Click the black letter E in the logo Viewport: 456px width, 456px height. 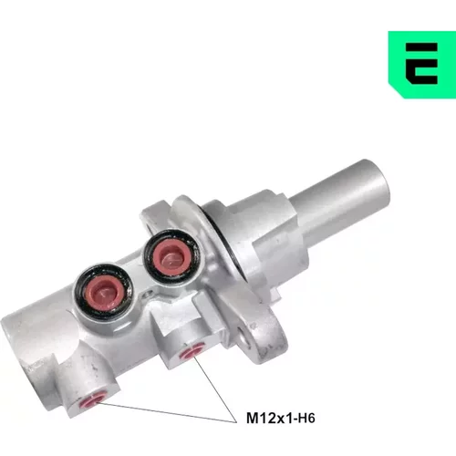click(x=421, y=64)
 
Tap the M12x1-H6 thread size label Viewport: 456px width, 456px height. click(x=281, y=418)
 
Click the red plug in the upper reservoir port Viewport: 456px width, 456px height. click(x=170, y=256)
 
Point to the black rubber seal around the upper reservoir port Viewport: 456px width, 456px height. click(x=149, y=258)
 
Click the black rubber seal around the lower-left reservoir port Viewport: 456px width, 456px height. click(x=79, y=292)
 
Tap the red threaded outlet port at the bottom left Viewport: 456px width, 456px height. click(x=90, y=401)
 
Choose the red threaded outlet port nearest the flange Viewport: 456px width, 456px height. click(x=192, y=352)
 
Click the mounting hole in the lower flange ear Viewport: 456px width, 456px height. click(x=245, y=337)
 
